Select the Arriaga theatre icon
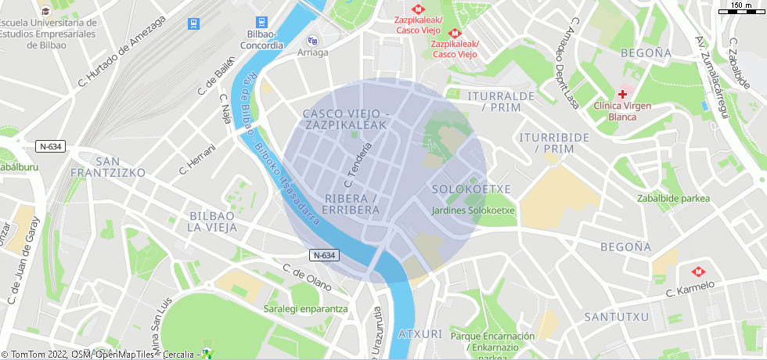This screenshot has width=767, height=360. click(312, 41)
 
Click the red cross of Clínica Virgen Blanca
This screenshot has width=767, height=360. click(623, 93)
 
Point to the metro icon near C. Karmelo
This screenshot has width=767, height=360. click(697, 272)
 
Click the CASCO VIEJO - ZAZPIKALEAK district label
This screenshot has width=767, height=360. click(345, 119)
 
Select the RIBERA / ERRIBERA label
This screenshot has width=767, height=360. click(351, 204)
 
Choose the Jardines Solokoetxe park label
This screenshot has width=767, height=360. click(473, 210)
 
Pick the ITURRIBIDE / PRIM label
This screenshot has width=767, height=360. click(553, 142)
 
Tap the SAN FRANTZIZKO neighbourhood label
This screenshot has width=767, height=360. click(107, 165)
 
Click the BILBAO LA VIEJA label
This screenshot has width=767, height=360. click(211, 221)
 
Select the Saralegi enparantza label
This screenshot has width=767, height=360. click(305, 308)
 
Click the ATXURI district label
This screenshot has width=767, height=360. click(420, 333)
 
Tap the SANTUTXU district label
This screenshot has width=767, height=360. click(617, 317)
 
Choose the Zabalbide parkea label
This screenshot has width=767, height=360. click(673, 198)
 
